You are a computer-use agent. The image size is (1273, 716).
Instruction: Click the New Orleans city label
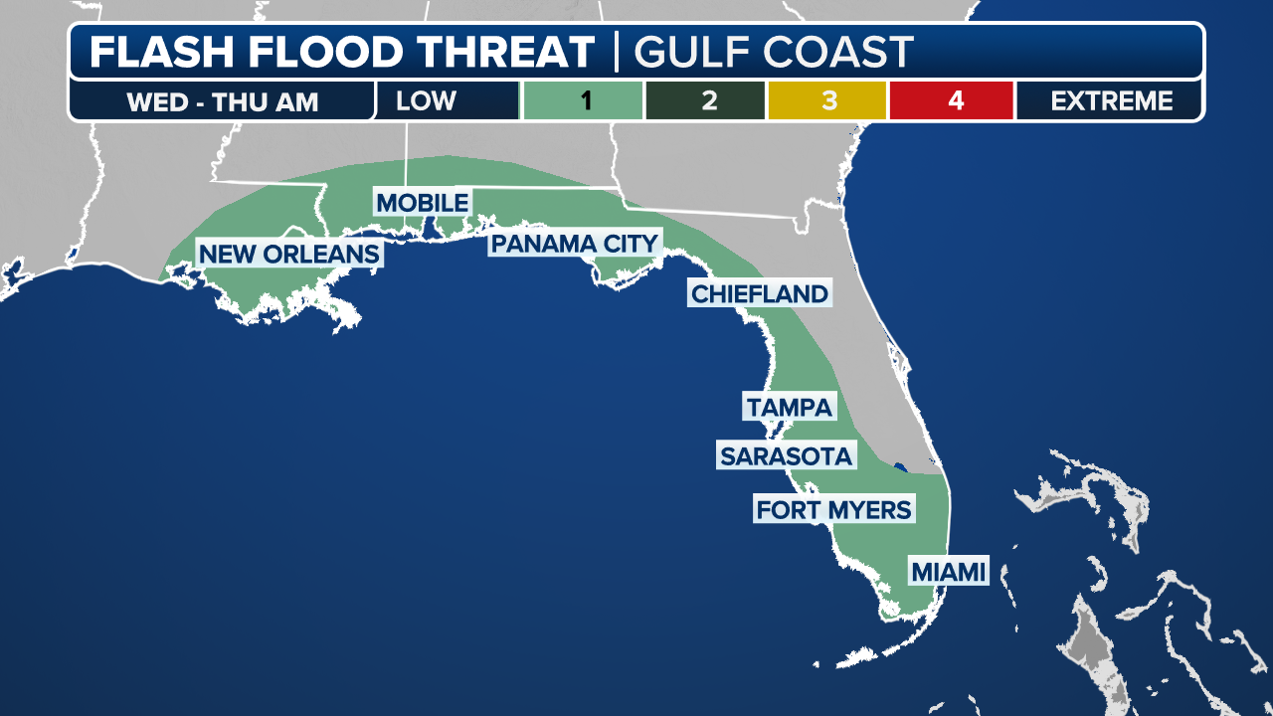pyautogui.click(x=288, y=254)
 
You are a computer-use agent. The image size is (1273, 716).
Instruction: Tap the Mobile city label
pyautogui.click(x=422, y=203)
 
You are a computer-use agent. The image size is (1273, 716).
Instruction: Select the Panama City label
pyautogui.click(x=575, y=244)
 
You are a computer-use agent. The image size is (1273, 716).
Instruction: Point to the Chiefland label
pyautogui.click(x=759, y=293)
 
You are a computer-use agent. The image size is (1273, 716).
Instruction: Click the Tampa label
pyautogui.click(x=789, y=407)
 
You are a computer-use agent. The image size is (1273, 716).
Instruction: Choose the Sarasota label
pyautogui.click(x=786, y=456)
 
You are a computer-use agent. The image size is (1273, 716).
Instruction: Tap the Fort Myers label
pyautogui.click(x=833, y=510)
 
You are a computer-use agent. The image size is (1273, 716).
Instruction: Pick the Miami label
pyautogui.click(x=948, y=572)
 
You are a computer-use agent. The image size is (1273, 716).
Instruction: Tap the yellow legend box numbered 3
pyautogui.click(x=827, y=101)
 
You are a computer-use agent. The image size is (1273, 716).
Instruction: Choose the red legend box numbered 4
pyautogui.click(x=952, y=101)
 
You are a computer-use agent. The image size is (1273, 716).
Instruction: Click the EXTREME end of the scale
pyautogui.click(x=1111, y=101)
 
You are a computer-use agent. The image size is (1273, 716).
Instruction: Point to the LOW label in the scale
pyautogui.click(x=426, y=101)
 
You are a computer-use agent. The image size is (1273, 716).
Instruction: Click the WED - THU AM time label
pyautogui.click(x=222, y=102)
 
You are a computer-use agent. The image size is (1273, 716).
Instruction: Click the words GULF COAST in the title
pyautogui.click(x=774, y=52)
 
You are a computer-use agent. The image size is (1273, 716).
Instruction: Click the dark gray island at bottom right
pyautogui.click(x=1088, y=646)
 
